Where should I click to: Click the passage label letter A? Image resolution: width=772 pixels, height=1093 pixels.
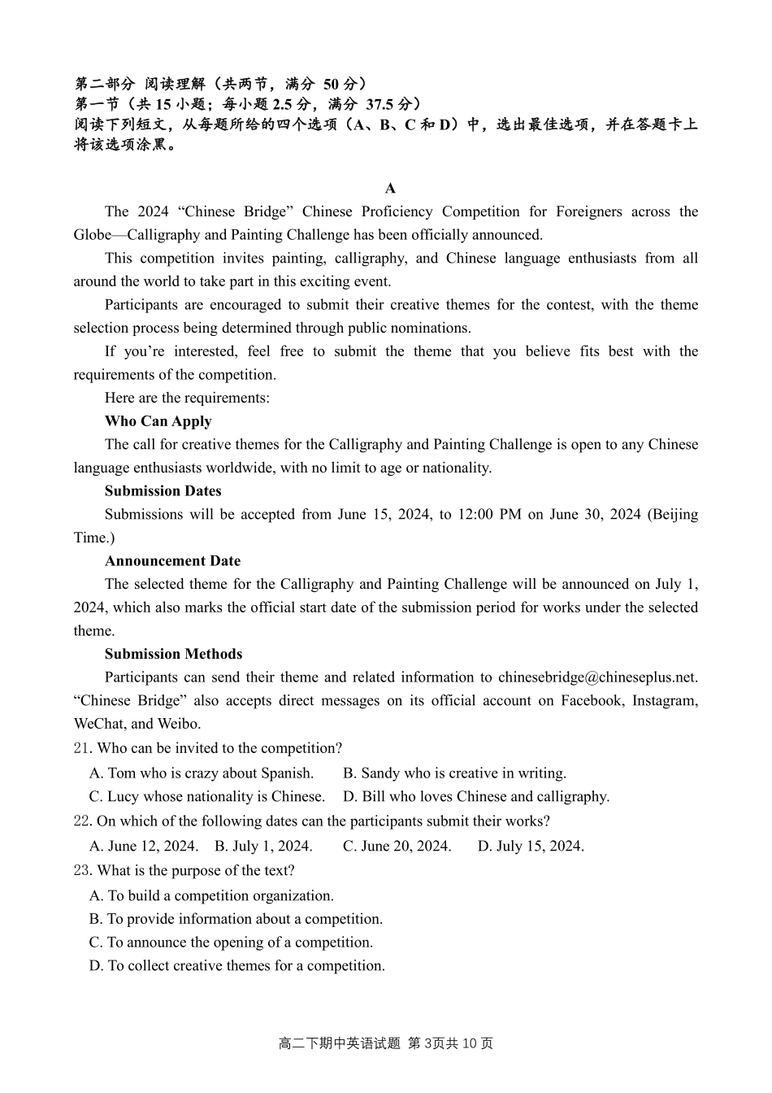(390, 189)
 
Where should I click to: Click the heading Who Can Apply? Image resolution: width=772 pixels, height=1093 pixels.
(158, 421)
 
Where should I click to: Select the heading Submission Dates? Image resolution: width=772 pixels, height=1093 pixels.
(163, 491)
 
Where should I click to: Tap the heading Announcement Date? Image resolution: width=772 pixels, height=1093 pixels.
(172, 561)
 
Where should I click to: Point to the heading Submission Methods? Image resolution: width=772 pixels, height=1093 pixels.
(173, 654)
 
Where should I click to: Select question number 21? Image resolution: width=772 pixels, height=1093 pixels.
(83, 748)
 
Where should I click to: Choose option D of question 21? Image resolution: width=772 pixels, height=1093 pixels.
(476, 797)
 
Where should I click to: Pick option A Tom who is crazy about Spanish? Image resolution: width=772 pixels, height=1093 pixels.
(201, 773)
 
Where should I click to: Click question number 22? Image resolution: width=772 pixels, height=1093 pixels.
(83, 821)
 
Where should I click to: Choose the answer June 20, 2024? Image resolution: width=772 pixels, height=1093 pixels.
(397, 847)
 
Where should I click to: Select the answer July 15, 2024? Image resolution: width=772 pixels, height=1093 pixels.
(531, 847)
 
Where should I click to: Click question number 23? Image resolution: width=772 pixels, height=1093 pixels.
(83, 871)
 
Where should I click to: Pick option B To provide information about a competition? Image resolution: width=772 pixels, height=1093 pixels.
(236, 919)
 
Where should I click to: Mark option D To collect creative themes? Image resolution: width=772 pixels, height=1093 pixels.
(236, 966)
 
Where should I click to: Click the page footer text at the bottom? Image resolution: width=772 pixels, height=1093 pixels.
(386, 1043)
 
